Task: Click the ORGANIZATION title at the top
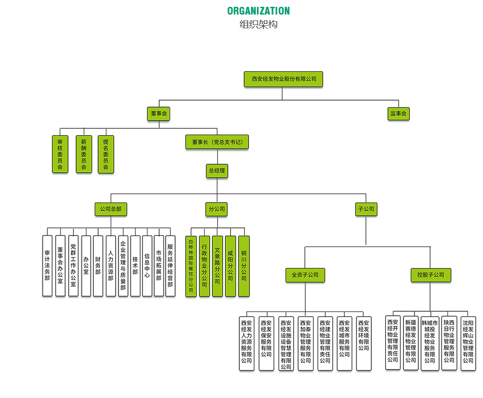point(258,11)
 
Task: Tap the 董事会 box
point(158,113)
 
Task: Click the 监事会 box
point(398,113)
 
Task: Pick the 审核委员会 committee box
point(60,154)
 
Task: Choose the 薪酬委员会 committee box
point(83,154)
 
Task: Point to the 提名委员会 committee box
point(106,154)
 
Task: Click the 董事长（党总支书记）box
point(217,142)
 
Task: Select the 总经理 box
point(217,171)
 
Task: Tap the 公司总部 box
point(111,209)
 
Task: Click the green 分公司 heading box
point(217,209)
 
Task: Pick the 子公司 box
point(366,209)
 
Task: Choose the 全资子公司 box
point(305,275)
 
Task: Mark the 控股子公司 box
point(430,275)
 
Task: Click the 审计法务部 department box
point(47,266)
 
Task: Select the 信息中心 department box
point(147,266)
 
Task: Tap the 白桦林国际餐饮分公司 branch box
point(191,266)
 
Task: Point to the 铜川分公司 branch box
point(244,266)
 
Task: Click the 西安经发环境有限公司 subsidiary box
point(364,343)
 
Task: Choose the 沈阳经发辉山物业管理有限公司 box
point(468,343)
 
